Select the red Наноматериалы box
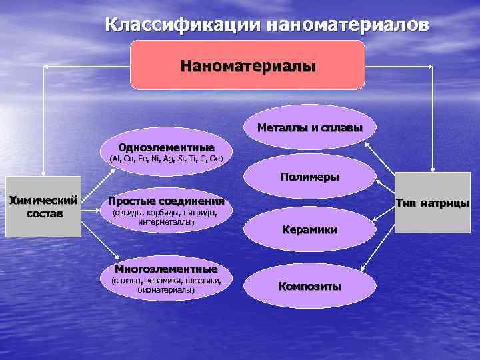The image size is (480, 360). pos(247,65)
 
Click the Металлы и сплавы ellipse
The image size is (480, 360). pos(309,127)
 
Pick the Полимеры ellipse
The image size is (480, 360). pos(309,177)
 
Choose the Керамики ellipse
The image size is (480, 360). pos(309,229)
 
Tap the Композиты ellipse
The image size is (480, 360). pos(309,286)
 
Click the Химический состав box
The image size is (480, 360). pos(43,206)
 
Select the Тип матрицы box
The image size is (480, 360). pos(432,203)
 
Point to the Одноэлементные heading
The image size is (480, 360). pos(166,147)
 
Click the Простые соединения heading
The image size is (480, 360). pos(166,201)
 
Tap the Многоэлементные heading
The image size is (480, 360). pos(166,269)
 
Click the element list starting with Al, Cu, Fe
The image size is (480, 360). pos(166,159)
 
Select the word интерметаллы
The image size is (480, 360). pos(166,222)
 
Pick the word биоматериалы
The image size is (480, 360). pos(166,290)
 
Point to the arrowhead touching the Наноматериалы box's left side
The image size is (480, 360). pos(126,66)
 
